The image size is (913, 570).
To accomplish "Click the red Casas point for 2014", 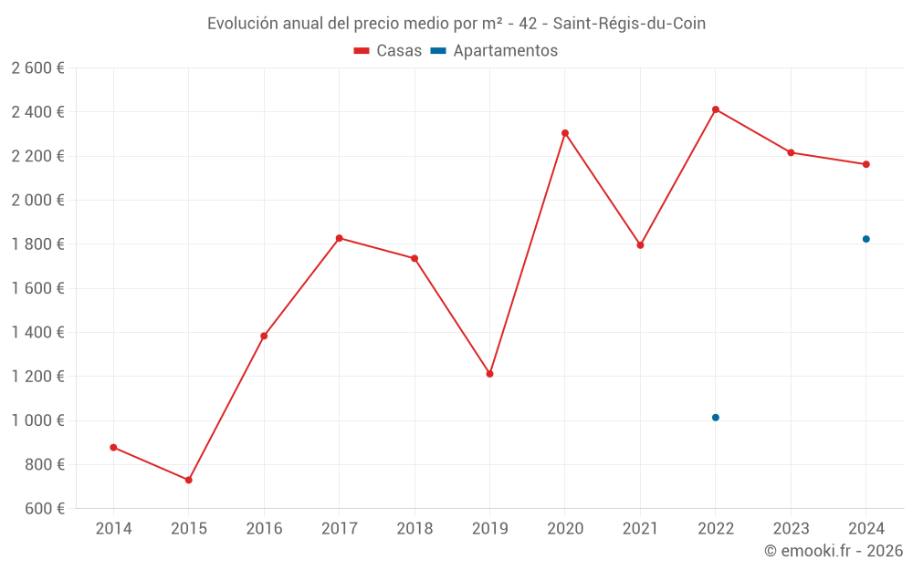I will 113,448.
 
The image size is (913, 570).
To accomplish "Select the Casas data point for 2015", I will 189,480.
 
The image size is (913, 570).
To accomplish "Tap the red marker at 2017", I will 339,238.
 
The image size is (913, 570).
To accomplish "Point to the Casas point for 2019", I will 489,374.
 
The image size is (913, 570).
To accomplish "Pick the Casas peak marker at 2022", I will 716,109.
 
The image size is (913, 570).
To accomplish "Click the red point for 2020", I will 565,133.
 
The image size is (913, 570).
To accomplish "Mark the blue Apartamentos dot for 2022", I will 716,418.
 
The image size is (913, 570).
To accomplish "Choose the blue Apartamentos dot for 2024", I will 866,239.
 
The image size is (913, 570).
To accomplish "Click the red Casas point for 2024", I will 866,164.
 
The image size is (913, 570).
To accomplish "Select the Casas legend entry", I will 388,51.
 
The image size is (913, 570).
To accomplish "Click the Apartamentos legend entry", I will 494,51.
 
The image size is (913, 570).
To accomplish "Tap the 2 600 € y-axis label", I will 37,68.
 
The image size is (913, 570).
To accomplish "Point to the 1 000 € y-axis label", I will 37,420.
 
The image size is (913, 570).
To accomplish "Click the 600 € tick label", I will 46,509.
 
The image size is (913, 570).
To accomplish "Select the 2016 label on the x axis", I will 264,529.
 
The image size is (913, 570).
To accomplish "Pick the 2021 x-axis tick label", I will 640,529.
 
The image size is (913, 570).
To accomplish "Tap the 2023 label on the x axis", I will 791,529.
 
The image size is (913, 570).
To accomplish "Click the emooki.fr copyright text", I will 834,551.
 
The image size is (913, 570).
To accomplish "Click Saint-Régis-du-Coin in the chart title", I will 629,24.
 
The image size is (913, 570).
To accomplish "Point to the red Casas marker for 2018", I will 415,258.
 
